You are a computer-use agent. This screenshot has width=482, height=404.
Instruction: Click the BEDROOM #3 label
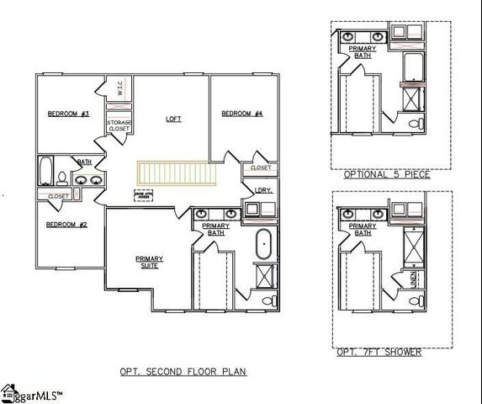coord(62,114)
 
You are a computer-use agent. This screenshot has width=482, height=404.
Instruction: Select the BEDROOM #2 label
coord(62,224)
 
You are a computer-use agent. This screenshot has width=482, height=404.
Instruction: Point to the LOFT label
coord(173,119)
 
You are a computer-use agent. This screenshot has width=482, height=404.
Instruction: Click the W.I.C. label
coord(120,89)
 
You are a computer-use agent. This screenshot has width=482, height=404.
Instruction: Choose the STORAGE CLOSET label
coord(119,127)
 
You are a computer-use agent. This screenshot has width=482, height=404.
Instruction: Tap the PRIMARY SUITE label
coord(149,262)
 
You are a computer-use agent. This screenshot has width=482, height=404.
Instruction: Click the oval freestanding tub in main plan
coord(262,243)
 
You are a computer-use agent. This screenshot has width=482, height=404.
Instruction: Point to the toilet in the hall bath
coord(61,178)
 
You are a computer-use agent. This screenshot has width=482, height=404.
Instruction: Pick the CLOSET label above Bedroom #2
coord(58,196)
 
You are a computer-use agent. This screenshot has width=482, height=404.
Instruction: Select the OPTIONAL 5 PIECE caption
coord(387,174)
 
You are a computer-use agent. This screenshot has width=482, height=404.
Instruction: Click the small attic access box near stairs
coord(144,194)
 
